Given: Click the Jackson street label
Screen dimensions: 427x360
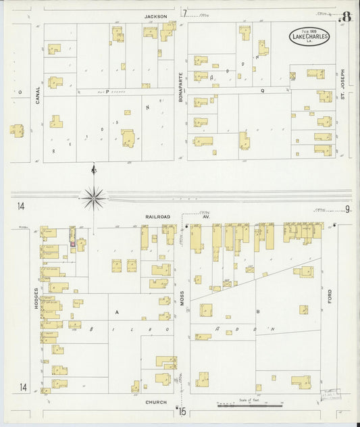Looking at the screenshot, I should click(155, 16).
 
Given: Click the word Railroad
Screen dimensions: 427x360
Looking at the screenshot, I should click(157, 216).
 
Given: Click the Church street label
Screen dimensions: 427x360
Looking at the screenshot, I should click(155, 401).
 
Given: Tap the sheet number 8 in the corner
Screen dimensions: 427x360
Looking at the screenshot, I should click(346, 16).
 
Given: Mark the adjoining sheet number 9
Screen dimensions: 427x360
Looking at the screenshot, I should click(348, 209).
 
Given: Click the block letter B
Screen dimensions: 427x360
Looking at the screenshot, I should click(259, 311).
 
